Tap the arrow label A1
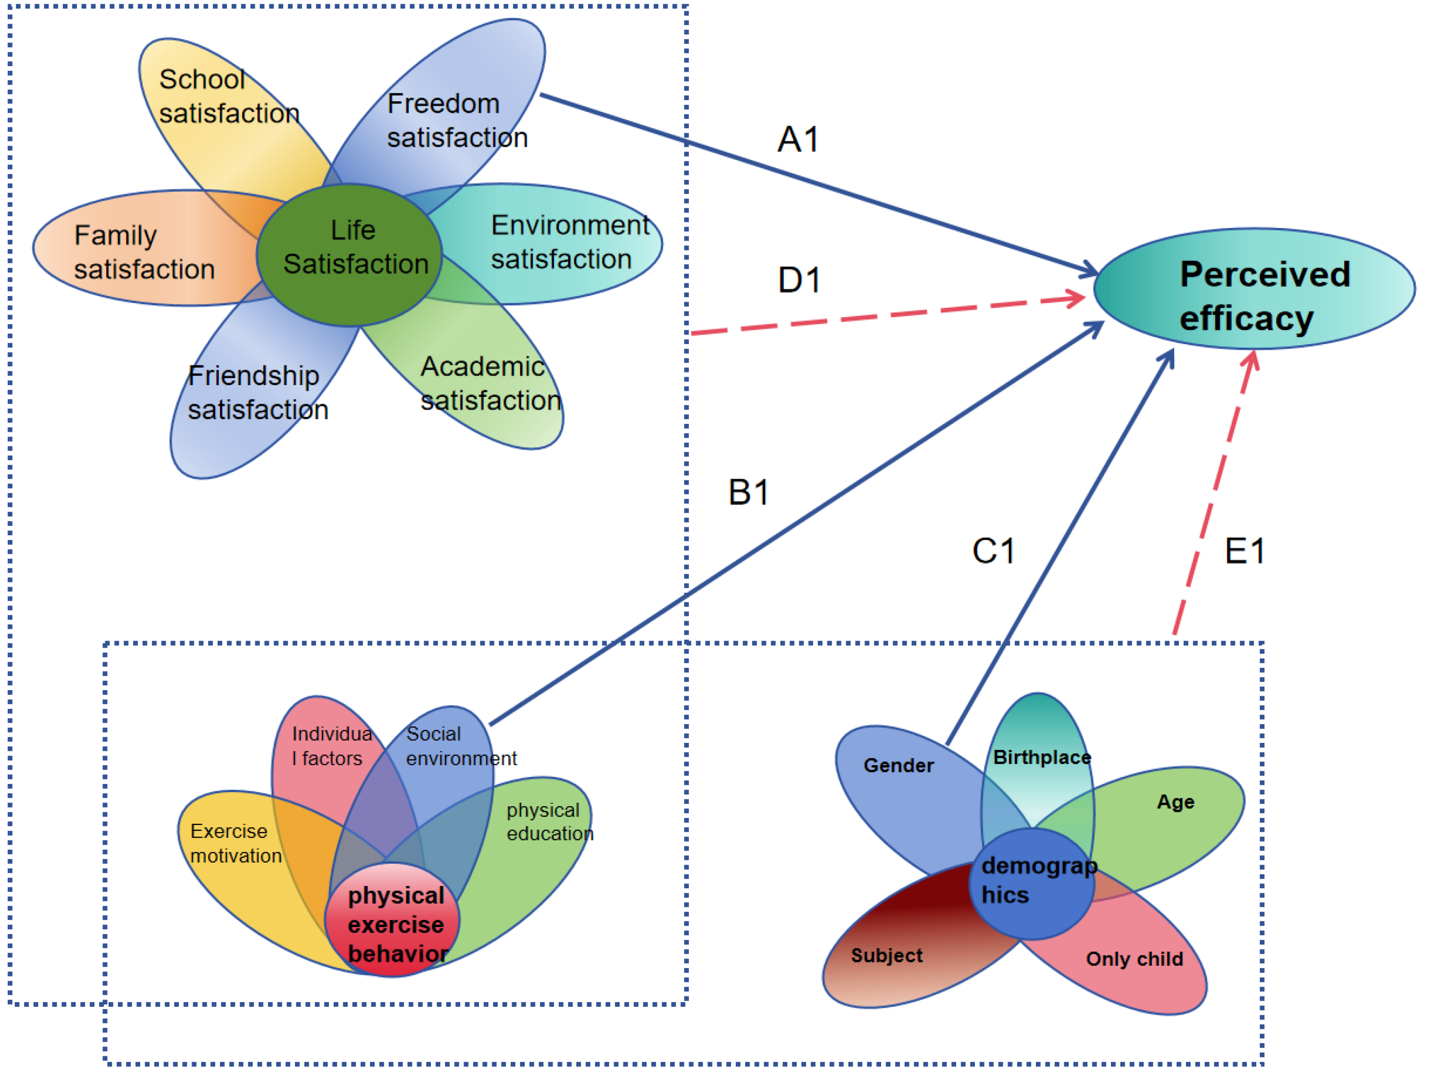(x=799, y=139)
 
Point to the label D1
(x=799, y=280)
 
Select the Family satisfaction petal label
(x=143, y=253)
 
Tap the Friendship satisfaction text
(x=258, y=393)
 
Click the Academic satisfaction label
(x=490, y=383)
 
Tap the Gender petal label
(x=898, y=766)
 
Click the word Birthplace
(x=1041, y=757)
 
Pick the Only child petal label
(x=1134, y=959)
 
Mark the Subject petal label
(x=886, y=956)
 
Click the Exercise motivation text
(x=235, y=843)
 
